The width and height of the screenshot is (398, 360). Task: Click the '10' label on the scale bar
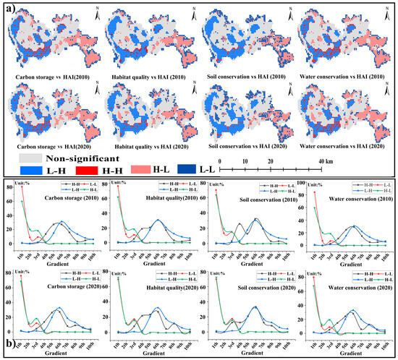click(245, 160)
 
